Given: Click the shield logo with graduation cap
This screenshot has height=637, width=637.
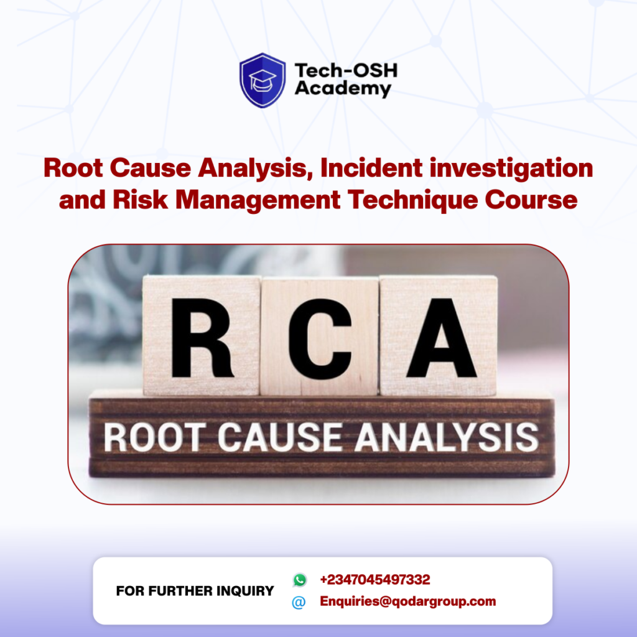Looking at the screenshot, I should pos(263,80).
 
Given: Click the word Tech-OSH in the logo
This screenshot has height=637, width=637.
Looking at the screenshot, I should pos(345,71).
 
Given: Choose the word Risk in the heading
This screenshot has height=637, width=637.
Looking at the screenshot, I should pos(144,200).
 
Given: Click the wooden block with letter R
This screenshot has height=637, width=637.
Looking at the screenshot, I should pos(202,335).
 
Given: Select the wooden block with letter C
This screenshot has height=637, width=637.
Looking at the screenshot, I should pos(320,337).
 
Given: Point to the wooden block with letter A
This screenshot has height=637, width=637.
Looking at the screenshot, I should pos(438,335).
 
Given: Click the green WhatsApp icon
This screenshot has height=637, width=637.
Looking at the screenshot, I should pos(300,580).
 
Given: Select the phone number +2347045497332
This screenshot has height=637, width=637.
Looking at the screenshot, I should pos(374,580).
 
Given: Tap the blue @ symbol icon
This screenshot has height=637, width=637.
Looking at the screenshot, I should pos(299,602).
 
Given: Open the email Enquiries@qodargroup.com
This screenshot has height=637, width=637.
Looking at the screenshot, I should pos(407,602).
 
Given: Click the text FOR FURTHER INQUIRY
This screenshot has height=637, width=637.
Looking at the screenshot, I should pos(195,591).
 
